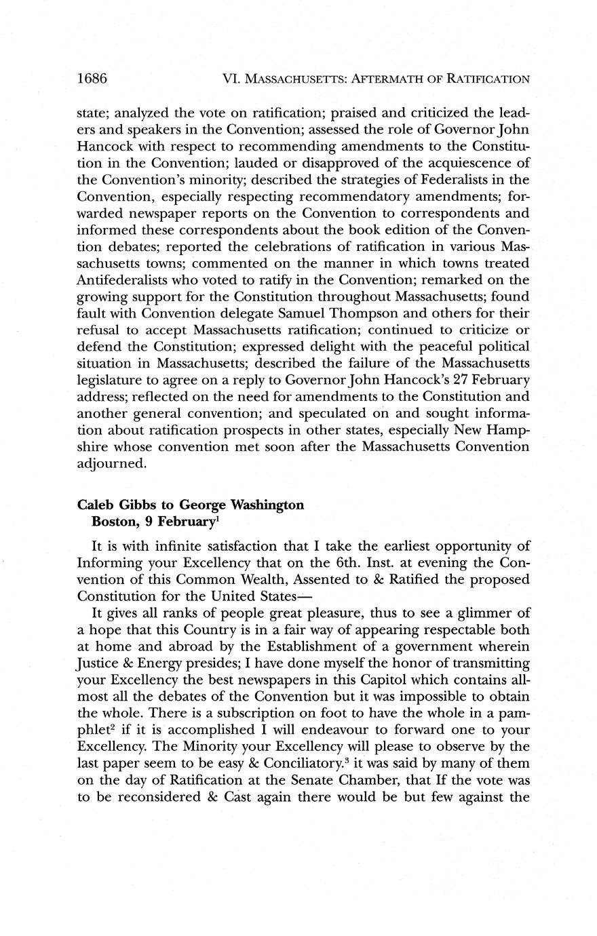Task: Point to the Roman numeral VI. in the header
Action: (232, 79)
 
